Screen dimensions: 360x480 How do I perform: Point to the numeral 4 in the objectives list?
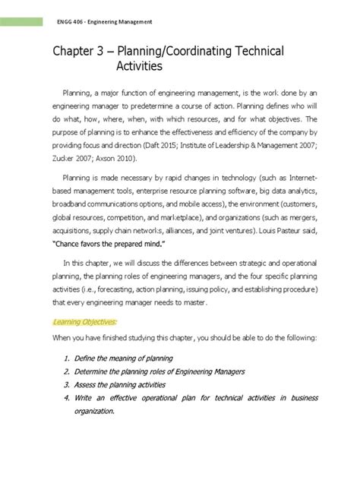pyautogui.click(x=67, y=398)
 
